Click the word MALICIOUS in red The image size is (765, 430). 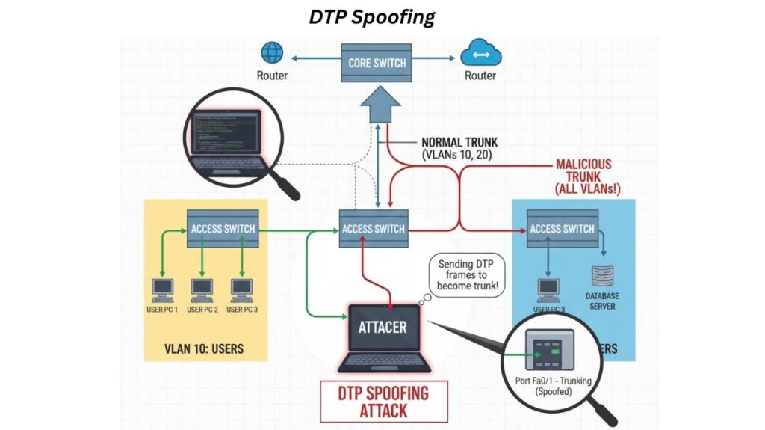coord(583,165)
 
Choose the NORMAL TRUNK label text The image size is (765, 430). coord(459,141)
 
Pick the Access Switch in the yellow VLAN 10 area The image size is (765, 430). coord(223,228)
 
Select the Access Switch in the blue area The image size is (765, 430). coord(562,228)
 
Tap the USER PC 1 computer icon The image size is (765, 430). coord(161,287)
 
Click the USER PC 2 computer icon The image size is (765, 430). coord(202,287)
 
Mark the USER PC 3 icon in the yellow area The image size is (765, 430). coord(241,287)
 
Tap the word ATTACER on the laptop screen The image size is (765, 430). coord(382,328)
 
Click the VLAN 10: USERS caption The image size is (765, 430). coord(204,348)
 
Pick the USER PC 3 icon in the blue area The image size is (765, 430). coord(548,287)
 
